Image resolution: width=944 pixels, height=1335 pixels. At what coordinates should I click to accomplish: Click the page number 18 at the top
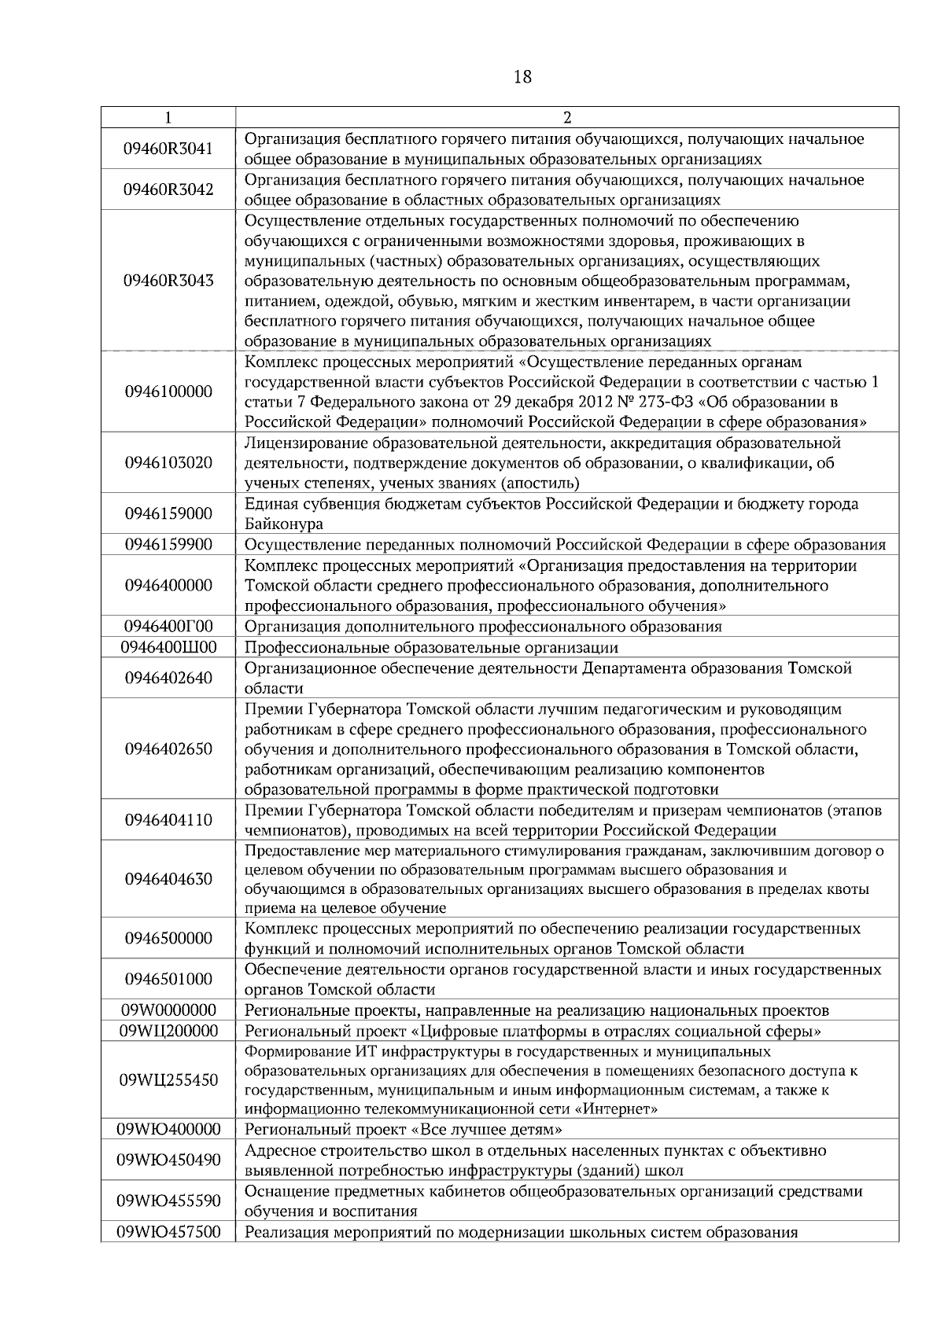(x=522, y=77)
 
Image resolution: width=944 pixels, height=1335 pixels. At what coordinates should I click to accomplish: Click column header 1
(x=168, y=118)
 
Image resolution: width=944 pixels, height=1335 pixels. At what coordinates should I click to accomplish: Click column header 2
(x=566, y=118)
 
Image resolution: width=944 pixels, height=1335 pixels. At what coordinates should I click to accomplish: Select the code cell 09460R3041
(x=168, y=149)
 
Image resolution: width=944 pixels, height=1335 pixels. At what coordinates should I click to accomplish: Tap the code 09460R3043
(x=168, y=281)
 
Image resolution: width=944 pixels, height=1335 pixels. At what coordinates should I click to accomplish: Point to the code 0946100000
(x=168, y=392)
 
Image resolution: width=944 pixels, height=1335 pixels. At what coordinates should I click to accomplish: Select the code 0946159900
(x=168, y=545)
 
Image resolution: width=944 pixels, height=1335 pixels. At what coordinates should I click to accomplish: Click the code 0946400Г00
(x=168, y=627)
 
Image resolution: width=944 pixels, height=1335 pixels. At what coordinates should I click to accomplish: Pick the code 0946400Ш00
(x=168, y=647)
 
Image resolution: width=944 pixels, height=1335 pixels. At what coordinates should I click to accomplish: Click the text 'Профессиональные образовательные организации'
(x=431, y=648)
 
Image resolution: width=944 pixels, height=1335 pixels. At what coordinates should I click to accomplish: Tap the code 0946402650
(x=168, y=749)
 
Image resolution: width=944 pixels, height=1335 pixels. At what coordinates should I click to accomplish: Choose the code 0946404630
(x=168, y=879)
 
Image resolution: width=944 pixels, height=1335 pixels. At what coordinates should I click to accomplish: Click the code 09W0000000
(x=168, y=1010)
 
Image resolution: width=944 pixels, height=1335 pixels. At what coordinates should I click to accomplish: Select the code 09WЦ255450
(x=168, y=1080)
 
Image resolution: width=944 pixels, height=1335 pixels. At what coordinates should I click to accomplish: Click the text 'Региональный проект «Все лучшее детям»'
(x=404, y=1130)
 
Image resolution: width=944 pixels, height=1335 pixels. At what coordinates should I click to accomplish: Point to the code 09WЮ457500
(x=168, y=1232)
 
